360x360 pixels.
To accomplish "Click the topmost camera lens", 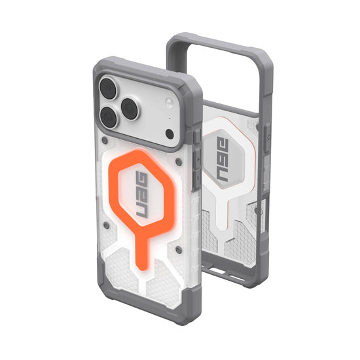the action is point(108,88).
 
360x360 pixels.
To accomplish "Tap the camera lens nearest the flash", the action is point(130,109).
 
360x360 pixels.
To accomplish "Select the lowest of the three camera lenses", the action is point(109,118).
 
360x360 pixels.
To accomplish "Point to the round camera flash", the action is point(169,102).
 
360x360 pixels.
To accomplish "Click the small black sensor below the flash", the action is point(170,134).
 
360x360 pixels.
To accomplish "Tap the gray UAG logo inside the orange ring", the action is point(142,194).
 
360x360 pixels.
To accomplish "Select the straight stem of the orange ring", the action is point(141,249).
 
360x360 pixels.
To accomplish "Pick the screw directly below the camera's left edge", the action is point(105,140).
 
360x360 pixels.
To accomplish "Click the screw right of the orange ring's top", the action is point(178,162).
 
